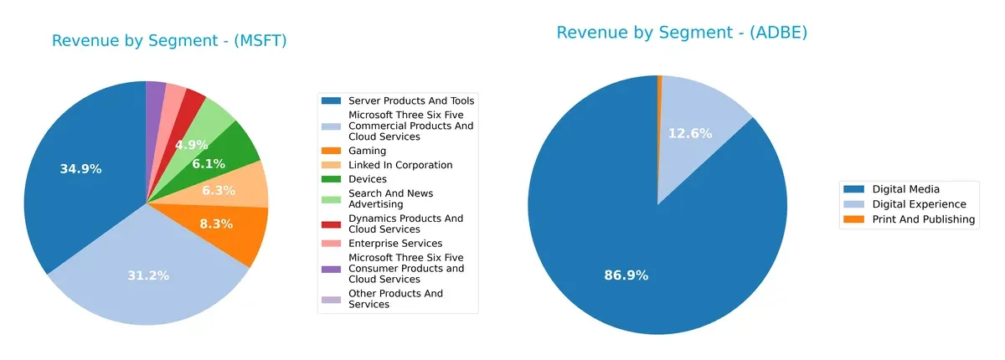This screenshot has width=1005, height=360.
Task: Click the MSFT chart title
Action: pos(169,41)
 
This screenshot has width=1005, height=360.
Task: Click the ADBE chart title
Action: pos(682,33)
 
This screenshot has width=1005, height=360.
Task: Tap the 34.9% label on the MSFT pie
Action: pos(80,169)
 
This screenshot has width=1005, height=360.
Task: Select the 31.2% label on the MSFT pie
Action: pos(148,275)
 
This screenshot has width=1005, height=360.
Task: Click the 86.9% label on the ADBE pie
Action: pos(626,275)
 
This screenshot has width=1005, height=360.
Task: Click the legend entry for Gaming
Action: pos(367,151)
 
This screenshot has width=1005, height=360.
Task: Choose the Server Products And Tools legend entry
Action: pos(399,100)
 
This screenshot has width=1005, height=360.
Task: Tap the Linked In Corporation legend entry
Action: pos(399,165)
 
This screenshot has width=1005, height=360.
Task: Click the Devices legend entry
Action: pos(367,179)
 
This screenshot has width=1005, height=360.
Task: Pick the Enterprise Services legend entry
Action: pos(394,244)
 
